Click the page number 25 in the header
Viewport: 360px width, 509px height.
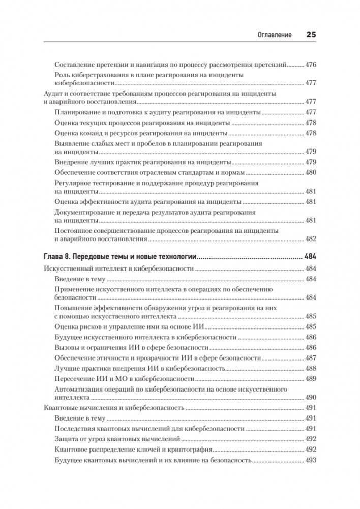(x=311, y=35)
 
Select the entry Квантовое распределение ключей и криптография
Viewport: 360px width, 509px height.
(x=132, y=450)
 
